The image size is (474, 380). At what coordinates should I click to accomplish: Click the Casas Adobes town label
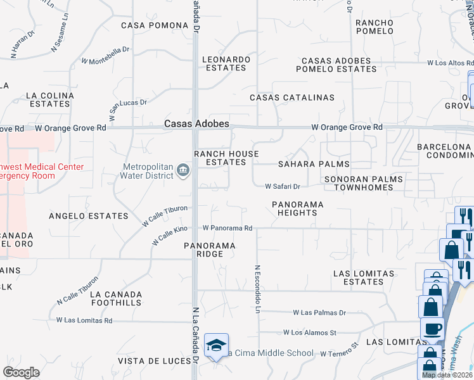tap(196, 124)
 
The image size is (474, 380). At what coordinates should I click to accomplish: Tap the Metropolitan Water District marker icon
tap(183, 170)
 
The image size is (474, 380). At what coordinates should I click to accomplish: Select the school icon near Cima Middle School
tap(216, 345)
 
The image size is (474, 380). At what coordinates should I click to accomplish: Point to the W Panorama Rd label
tap(227, 228)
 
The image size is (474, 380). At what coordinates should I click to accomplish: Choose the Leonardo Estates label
tap(226, 63)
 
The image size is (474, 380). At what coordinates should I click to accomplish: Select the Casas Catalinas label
tap(291, 98)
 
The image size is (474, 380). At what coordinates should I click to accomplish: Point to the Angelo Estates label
tap(89, 216)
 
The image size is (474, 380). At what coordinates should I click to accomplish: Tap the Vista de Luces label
tap(155, 361)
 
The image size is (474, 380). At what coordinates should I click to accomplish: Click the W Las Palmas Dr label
tap(319, 313)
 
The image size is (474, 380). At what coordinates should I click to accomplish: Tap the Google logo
tap(22, 372)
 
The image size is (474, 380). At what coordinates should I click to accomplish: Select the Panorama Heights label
tap(297, 208)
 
